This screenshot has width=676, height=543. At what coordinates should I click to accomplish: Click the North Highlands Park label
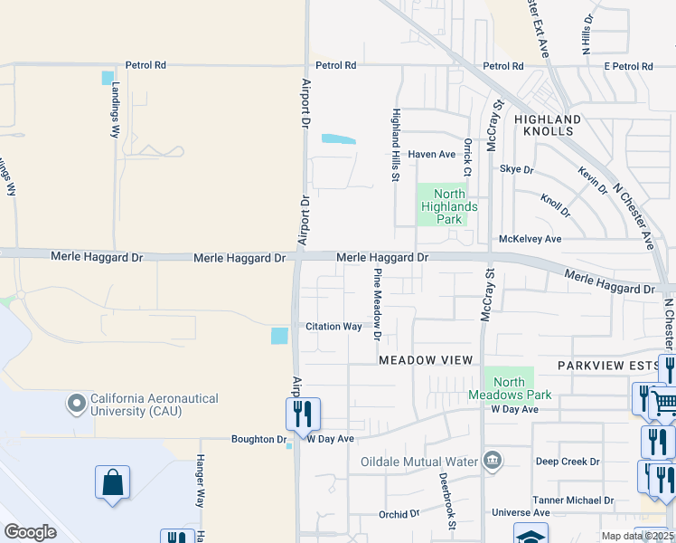point(442,206)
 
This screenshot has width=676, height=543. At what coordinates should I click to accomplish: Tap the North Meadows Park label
point(509,388)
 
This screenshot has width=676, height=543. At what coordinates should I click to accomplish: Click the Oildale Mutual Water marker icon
point(492,461)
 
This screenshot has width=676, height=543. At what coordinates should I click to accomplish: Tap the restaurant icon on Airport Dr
point(303,414)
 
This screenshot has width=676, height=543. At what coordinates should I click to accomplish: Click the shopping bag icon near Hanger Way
point(113,482)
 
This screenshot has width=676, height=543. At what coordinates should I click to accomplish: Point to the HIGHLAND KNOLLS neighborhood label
point(548,125)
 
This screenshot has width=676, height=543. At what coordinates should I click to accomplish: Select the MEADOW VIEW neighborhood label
point(425,360)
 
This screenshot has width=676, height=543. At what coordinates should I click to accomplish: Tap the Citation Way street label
point(333,327)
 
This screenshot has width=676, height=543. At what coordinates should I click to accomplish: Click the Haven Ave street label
point(431,154)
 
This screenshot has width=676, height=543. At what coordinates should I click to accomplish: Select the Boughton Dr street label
point(258,439)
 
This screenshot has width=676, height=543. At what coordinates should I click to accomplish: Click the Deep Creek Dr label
point(568,462)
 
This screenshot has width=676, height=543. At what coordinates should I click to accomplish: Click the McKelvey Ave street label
point(530,239)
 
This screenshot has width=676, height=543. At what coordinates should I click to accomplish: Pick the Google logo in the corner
point(30,532)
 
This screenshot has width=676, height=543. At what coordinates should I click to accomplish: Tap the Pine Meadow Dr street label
point(379,304)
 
